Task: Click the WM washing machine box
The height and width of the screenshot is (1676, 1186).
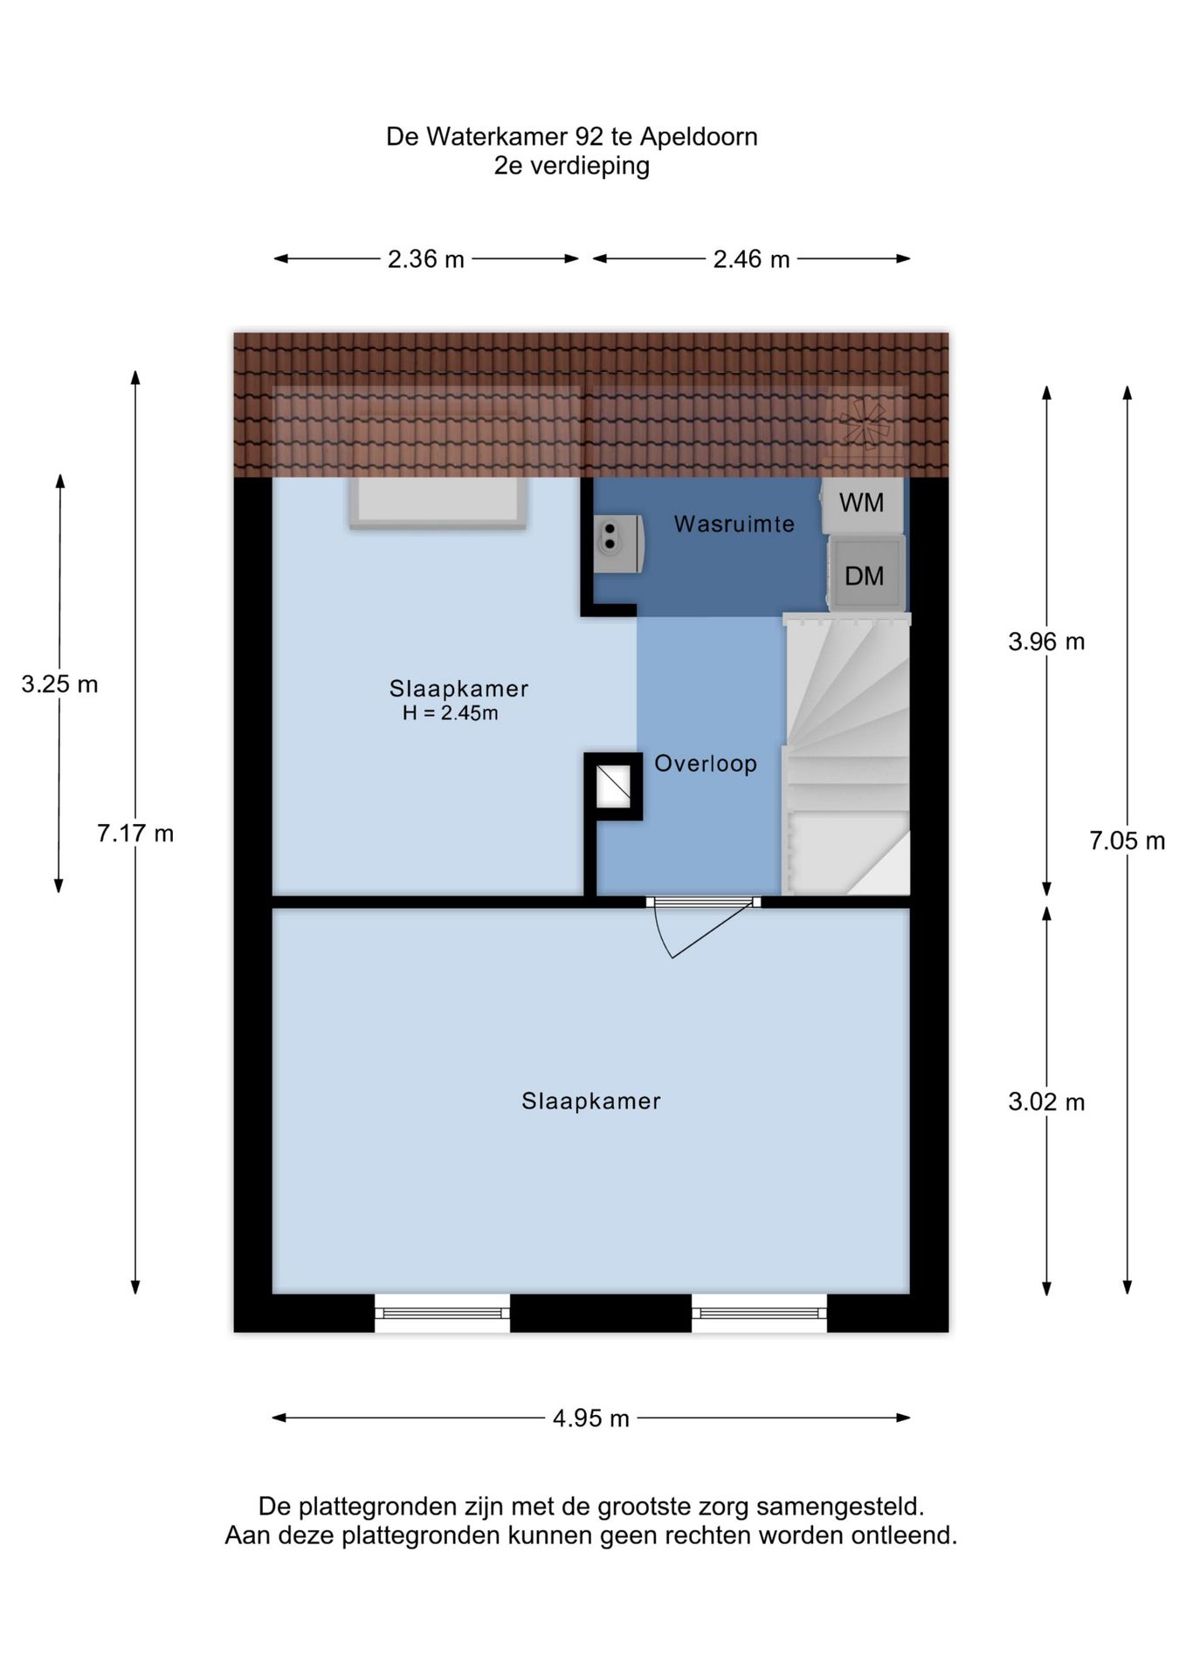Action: pos(862,504)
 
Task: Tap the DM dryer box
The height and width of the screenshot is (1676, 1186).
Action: pos(865,575)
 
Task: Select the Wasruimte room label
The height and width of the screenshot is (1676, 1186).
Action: pos(734,524)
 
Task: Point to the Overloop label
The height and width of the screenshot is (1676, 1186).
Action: pos(705,764)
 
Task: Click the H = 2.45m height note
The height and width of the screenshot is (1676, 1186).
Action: pos(450,713)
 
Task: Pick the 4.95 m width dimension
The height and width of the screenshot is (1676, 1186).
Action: pos(590,1418)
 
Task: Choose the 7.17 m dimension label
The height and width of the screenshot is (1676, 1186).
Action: pos(135,834)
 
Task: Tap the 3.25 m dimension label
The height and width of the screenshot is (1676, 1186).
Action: pos(59,684)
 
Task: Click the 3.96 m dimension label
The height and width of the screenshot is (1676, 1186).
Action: pos(1045,642)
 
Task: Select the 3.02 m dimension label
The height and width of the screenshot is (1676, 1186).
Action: pos(1045,1102)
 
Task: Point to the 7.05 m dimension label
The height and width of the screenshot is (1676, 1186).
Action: pos(1127,841)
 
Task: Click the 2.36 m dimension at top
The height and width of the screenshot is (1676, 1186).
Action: pos(426,259)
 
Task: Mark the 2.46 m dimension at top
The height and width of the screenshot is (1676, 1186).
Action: pos(751,259)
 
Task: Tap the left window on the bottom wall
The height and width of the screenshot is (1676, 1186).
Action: pos(443,1312)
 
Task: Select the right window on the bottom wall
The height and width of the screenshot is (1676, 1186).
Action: pos(759,1312)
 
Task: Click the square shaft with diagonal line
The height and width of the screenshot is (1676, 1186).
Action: pos(613,786)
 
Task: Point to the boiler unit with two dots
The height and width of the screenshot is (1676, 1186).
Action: pos(617,544)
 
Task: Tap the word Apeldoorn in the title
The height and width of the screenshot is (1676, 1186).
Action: pos(699,137)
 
